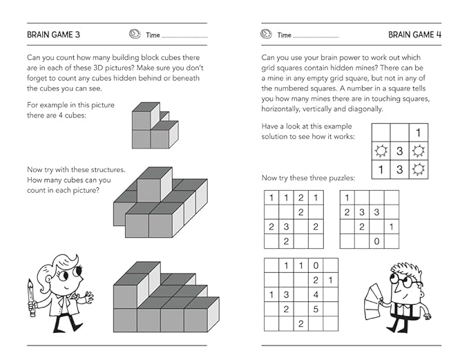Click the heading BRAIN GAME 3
click(53, 34)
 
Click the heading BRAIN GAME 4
click(414, 34)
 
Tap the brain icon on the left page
click(135, 34)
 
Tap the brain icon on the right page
click(266, 34)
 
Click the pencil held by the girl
click(32, 298)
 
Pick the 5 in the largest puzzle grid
click(316, 309)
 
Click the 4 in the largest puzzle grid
click(316, 294)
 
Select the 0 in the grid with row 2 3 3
click(376, 242)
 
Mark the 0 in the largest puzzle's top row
click(316, 265)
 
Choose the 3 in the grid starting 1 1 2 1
click(285, 227)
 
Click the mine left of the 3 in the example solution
click(380, 151)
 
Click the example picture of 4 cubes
click(154, 125)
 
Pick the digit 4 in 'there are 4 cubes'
click(73, 115)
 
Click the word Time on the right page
click(285, 35)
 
